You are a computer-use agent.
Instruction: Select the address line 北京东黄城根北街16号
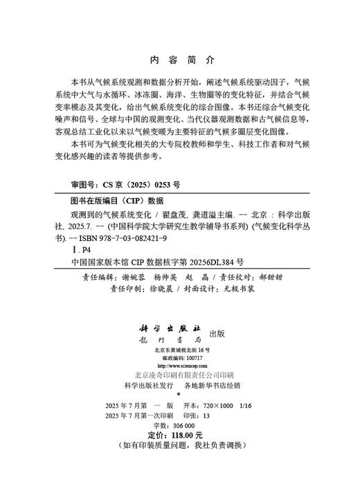coord(180,351)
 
